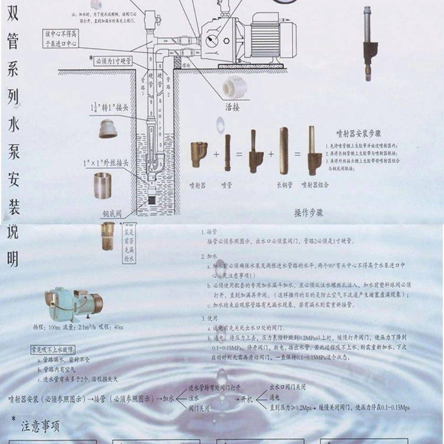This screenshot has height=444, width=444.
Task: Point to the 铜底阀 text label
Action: pyautogui.click(x=112, y=214)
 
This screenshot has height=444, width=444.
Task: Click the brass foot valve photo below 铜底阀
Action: pyautogui.click(x=108, y=236)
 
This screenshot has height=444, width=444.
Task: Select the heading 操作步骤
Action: pyautogui.click(x=308, y=213)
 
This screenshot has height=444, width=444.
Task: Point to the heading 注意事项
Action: pyautogui.click(x=40, y=426)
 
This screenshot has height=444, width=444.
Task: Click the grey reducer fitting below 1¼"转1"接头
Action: pyautogui.click(x=108, y=129)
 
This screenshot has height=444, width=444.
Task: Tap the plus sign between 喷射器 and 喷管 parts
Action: pyautogui.click(x=216, y=154)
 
